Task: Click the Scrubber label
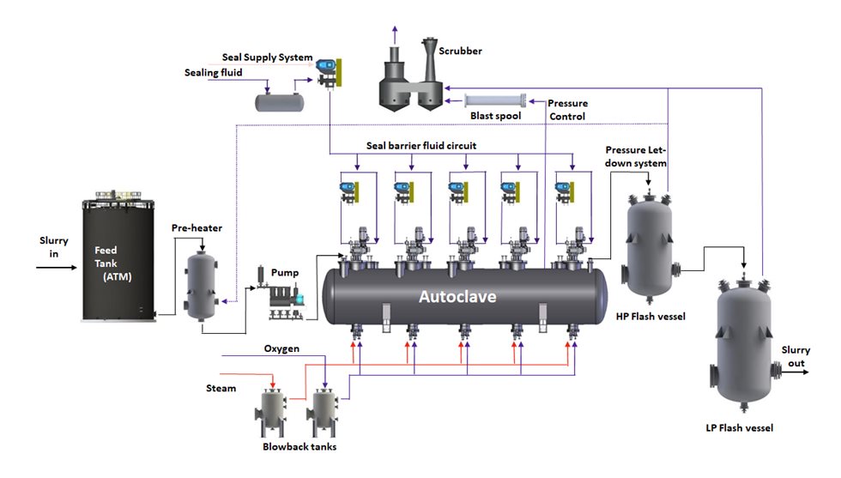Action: pyautogui.click(x=461, y=51)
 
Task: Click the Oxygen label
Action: pyautogui.click(x=281, y=348)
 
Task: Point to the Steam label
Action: pyautogui.click(x=221, y=388)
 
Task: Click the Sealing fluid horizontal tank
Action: pyautogui.click(x=279, y=102)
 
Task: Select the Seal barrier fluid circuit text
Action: pyautogui.click(x=421, y=146)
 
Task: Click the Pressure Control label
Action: pyautogui.click(x=567, y=110)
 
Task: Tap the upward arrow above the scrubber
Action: pyautogui.click(x=395, y=33)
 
